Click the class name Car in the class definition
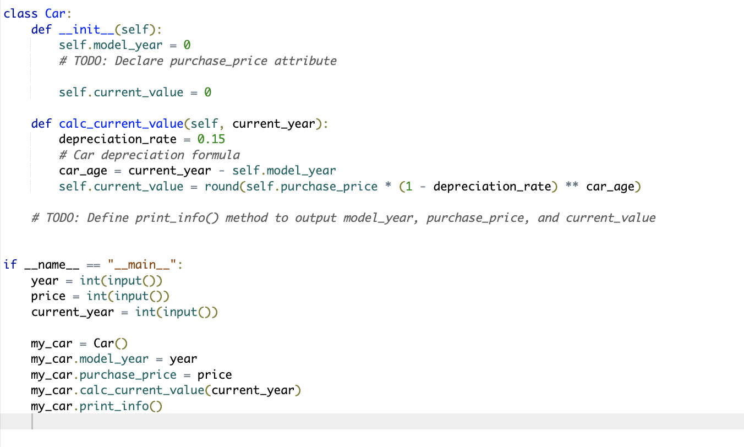coord(56,14)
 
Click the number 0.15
coord(211,139)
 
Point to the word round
coord(222,186)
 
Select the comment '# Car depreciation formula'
coord(149,155)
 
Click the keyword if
coord(10,265)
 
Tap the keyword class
coord(20,14)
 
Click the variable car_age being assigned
coord(83,171)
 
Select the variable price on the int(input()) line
coord(48,296)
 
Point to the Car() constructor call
coord(111,344)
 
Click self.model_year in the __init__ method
coord(111,45)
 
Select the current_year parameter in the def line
coord(273,123)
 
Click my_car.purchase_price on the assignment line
coord(103,375)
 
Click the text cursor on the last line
coord(32,422)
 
